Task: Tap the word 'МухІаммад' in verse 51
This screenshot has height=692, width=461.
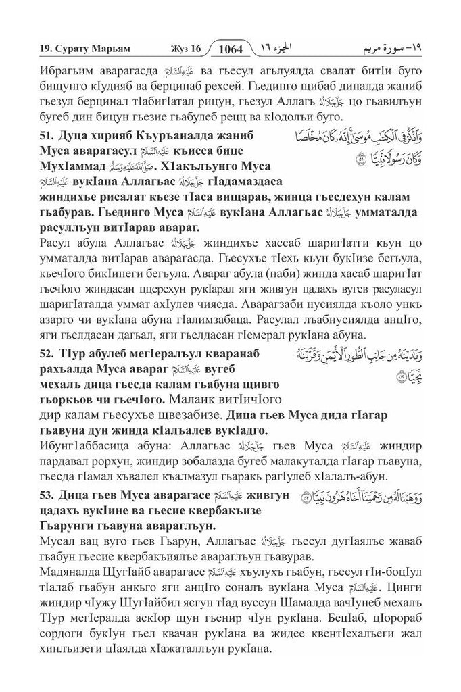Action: coord(47,167)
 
